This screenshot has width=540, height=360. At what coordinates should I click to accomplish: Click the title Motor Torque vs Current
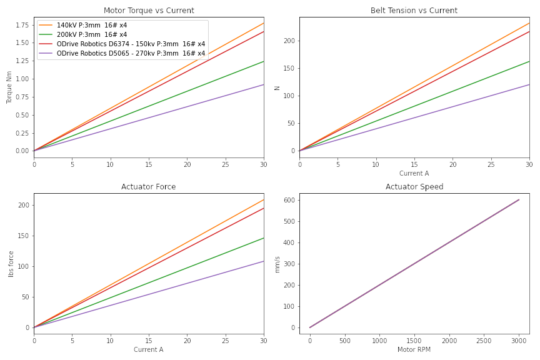click(x=149, y=11)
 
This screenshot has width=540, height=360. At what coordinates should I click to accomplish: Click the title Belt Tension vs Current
click(x=414, y=11)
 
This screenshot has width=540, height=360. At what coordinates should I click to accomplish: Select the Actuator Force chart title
click(x=149, y=187)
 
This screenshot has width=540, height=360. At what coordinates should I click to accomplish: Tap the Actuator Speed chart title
click(x=414, y=187)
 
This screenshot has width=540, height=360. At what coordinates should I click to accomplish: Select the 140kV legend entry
click(x=92, y=26)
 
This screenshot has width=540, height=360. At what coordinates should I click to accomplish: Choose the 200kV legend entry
click(x=92, y=35)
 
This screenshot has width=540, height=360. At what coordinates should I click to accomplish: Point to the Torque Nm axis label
click(x=9, y=87)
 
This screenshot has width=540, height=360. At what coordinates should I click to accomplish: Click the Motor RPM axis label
click(x=414, y=349)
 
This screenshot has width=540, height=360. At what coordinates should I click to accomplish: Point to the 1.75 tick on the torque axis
click(x=21, y=25)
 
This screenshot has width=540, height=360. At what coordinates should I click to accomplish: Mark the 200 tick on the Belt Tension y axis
click(x=288, y=41)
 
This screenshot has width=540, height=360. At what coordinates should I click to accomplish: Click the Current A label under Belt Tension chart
click(x=414, y=173)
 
